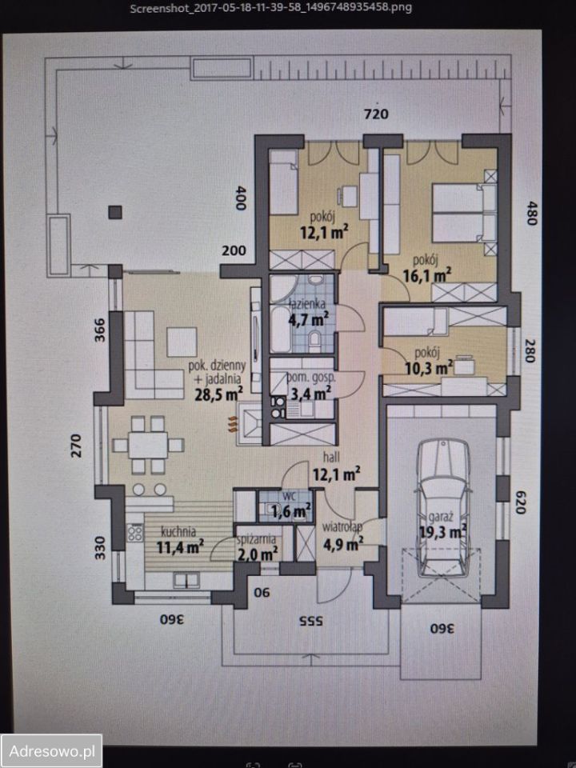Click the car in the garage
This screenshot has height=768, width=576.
tap(442, 508)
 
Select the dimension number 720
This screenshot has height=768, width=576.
tap(376, 114)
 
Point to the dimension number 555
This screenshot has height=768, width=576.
tap(311, 621)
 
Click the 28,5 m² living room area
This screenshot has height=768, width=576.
tap(219, 394)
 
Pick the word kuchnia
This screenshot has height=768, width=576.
tap(178, 531)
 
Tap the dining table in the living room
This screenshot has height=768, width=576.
tap(148, 445)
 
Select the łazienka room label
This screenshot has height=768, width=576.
tap(307, 304)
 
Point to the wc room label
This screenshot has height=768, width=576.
tap(290, 496)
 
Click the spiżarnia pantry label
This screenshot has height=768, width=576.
tap(256, 540)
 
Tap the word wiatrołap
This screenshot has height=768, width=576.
tap(342, 527)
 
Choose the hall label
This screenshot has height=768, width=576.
tap(331, 457)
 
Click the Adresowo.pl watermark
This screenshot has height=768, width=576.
tap(51, 751)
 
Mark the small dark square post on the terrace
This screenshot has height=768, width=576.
tap(115, 212)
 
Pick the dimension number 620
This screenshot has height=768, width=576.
tap(520, 502)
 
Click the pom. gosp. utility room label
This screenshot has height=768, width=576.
tap(311, 377)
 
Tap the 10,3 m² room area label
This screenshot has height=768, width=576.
tap(429, 367)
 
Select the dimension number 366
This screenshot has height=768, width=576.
tap(99, 330)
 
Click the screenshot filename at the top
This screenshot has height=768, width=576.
tap(271, 8)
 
